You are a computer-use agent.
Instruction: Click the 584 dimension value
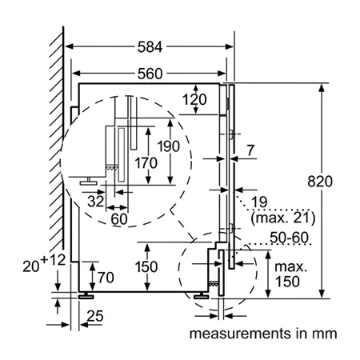pos(150,47)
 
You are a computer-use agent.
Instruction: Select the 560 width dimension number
pos(150,74)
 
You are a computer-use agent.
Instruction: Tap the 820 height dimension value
pos(320,182)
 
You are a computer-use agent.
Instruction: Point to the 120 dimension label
pos(194,100)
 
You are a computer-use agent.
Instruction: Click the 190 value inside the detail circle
pos(169,146)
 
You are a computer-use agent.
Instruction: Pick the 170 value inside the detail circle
pos(146,163)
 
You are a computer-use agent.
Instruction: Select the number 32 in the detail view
pos(96,202)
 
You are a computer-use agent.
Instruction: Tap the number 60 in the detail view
pos(119,219)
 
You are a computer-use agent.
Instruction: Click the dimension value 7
pos(250,150)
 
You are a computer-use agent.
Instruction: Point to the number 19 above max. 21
pos(259,202)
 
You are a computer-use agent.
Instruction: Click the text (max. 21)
pos(283,218)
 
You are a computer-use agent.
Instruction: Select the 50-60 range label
pos(289,238)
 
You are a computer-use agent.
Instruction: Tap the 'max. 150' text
pos(290,274)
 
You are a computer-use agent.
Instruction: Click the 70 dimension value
pos(106,278)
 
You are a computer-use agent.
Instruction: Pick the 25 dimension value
pos(95,316)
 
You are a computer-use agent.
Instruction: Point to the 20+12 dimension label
pos(44,263)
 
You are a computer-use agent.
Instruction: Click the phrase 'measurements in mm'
pos(263,334)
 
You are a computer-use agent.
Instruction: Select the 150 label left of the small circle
pos(146,266)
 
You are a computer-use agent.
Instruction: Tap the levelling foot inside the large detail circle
pos(89,181)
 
